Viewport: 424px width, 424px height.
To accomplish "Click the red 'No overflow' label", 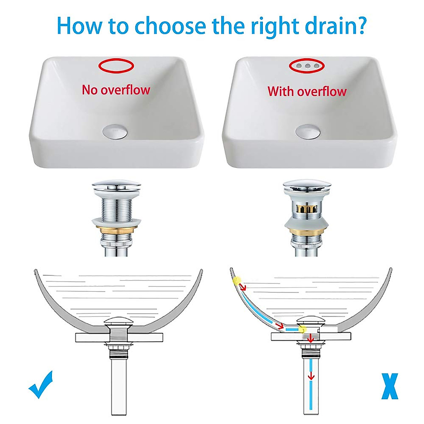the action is click(116, 90).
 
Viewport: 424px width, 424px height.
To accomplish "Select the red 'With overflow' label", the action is click(307, 91).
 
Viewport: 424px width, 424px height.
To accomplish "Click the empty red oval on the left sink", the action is click(116, 59).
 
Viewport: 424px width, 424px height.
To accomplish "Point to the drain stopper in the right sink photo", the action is click(308, 131).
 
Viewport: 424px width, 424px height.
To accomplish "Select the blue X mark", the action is click(389, 386).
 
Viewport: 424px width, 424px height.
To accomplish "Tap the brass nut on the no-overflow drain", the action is click(116, 231).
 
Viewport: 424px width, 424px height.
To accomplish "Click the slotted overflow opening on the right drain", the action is click(306, 208).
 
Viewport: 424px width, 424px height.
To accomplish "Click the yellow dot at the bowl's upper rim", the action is click(236, 281).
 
